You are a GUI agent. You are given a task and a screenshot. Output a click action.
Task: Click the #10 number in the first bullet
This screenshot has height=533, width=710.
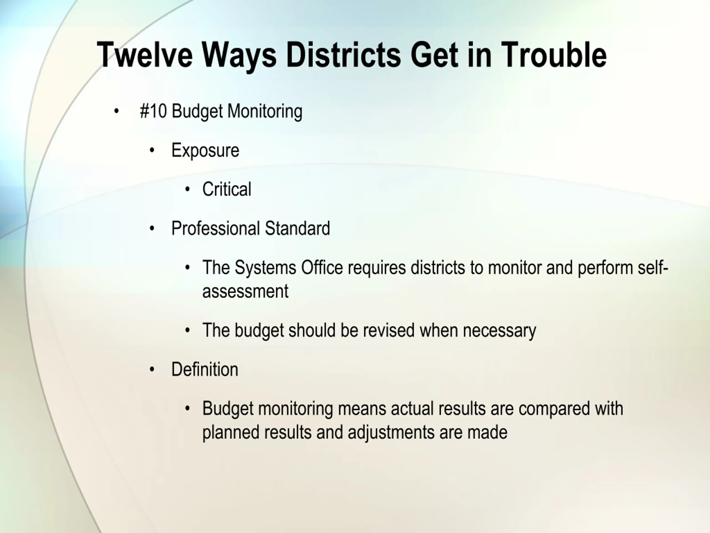click(x=153, y=111)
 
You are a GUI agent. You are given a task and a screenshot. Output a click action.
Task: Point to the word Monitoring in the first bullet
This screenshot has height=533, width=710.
click(x=265, y=112)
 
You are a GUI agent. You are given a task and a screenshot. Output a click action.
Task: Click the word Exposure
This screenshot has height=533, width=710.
click(x=206, y=150)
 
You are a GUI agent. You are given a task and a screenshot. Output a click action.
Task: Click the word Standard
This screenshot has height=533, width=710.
click(x=298, y=228)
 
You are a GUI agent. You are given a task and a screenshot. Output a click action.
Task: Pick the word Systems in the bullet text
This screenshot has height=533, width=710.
click(x=265, y=268)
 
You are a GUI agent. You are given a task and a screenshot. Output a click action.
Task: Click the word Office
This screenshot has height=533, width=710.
click(x=322, y=267)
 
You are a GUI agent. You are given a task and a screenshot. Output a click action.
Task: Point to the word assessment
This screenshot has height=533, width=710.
click(x=245, y=291)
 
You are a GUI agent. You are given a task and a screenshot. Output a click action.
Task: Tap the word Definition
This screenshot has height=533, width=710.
click(x=205, y=369)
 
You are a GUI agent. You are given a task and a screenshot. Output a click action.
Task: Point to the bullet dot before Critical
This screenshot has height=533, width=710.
click(x=188, y=189)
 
